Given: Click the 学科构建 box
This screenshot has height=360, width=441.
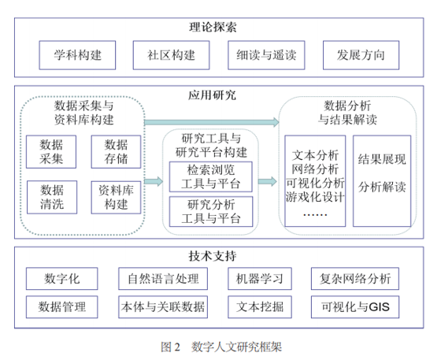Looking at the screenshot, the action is [77, 55].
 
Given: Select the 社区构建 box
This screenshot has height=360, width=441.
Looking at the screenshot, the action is [172, 55].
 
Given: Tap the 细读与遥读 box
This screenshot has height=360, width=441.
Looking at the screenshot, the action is [266, 55].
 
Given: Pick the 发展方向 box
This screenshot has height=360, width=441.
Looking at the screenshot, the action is [361, 55].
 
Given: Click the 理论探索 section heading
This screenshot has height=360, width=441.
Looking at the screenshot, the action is [213, 28].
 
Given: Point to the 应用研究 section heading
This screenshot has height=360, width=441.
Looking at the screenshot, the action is [213, 95].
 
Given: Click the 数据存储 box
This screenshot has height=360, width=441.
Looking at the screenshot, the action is [116, 152].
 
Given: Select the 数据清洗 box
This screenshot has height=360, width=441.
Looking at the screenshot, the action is [52, 197].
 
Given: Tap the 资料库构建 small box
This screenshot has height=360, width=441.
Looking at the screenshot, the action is [116, 197].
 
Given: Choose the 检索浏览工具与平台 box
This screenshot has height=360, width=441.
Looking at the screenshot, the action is [211, 177].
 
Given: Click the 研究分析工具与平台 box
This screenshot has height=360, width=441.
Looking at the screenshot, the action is [211, 211].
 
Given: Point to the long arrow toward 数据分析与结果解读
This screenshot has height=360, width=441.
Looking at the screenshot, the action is [212, 122].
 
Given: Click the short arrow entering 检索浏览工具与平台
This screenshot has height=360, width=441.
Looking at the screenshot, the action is [154, 181].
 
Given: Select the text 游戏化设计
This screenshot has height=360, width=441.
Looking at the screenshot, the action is [315, 197].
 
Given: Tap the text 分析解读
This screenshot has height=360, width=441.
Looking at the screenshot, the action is [382, 187].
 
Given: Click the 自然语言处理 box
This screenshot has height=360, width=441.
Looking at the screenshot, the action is [163, 279].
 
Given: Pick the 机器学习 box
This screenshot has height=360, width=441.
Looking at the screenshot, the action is [260, 279].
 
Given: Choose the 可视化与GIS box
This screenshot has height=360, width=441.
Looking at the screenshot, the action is [355, 307].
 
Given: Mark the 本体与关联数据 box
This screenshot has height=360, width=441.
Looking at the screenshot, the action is [163, 307].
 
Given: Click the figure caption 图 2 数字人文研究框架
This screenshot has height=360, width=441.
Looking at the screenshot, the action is [221, 347].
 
